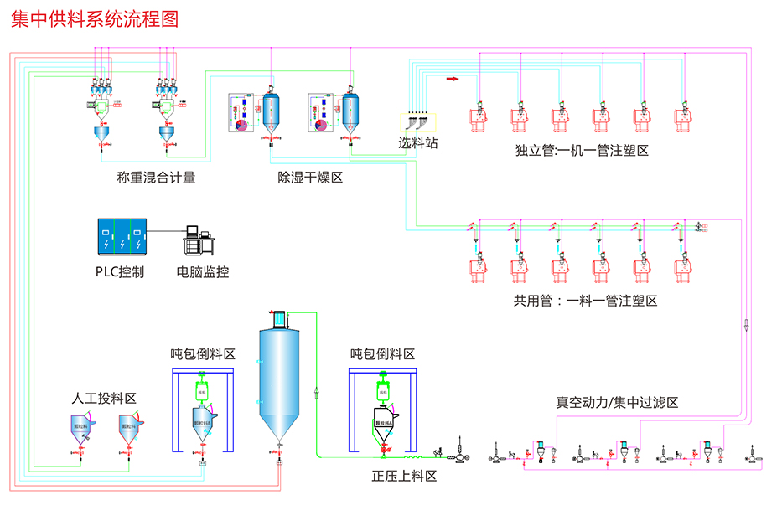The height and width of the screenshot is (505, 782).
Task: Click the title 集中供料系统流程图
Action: (x=95, y=19)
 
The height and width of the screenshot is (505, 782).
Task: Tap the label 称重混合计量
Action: (x=156, y=178)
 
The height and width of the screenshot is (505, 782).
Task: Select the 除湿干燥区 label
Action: (x=310, y=178)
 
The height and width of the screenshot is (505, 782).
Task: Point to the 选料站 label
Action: (x=417, y=143)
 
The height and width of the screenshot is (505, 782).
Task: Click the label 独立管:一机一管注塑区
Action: (x=583, y=151)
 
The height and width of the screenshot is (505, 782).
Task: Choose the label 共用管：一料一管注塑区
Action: (x=585, y=301)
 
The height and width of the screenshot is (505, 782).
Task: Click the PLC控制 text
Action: (x=119, y=272)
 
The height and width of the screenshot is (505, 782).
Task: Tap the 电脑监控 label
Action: (x=202, y=272)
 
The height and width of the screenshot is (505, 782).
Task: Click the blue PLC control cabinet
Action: (x=122, y=237)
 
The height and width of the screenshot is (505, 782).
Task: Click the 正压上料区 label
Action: (x=405, y=477)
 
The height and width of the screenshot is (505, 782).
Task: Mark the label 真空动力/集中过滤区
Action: (x=617, y=403)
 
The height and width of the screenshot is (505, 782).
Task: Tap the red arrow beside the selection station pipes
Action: (x=453, y=80)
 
